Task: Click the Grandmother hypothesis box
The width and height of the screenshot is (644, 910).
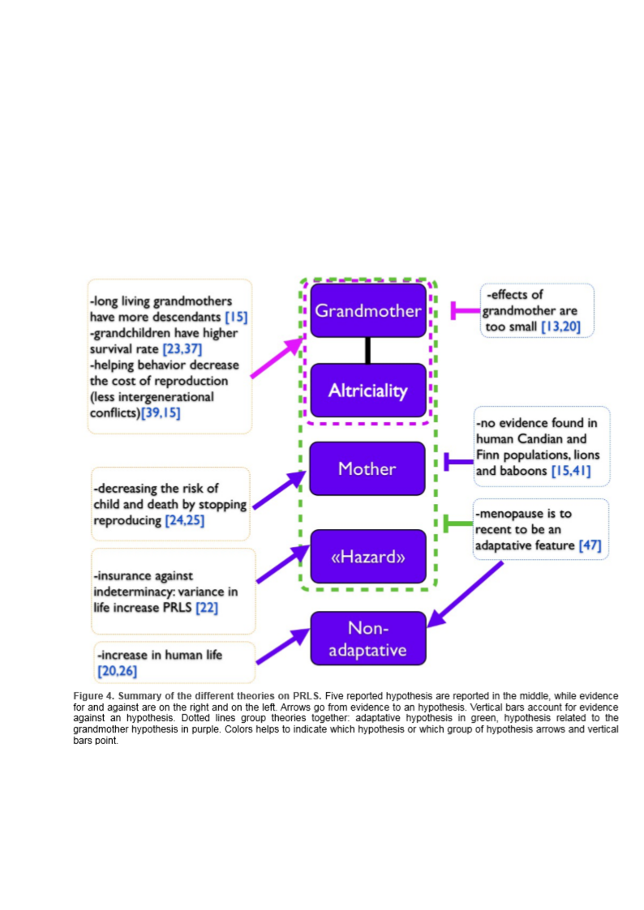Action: coord(367,310)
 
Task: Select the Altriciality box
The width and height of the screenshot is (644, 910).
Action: coord(367,391)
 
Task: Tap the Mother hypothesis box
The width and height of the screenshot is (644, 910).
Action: coord(367,468)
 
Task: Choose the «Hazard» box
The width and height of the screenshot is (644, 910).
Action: coord(367,557)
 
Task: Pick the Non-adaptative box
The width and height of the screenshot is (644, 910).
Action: coord(367,639)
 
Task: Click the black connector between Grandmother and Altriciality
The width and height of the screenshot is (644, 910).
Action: coord(367,350)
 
